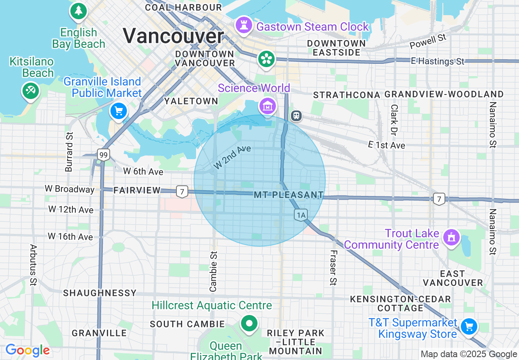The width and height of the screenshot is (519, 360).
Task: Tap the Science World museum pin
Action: point(267,106)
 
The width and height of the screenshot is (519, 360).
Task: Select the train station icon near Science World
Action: point(296,116)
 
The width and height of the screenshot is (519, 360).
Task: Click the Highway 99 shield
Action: point(104,155)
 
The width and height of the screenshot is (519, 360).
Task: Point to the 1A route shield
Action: point(300,215)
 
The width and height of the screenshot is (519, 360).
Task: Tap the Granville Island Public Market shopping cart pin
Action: point(119,110)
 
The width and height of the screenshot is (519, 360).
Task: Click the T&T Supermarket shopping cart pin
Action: point(469,326)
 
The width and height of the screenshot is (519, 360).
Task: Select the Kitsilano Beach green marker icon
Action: point(30,90)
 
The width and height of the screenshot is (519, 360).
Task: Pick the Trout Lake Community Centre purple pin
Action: point(451,237)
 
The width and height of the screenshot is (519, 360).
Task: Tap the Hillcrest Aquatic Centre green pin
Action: point(249,323)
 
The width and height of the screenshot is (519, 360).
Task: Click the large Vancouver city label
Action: point(173,36)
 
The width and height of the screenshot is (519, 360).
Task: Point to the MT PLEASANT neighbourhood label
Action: point(289,195)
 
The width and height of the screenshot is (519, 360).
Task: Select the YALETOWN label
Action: point(191,101)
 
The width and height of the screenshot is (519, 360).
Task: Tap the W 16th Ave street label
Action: point(70,236)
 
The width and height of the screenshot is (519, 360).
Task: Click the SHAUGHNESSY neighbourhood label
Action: point(99,293)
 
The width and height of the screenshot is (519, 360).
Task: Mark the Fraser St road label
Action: point(333,268)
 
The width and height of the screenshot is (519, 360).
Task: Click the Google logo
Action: point(27,351)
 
